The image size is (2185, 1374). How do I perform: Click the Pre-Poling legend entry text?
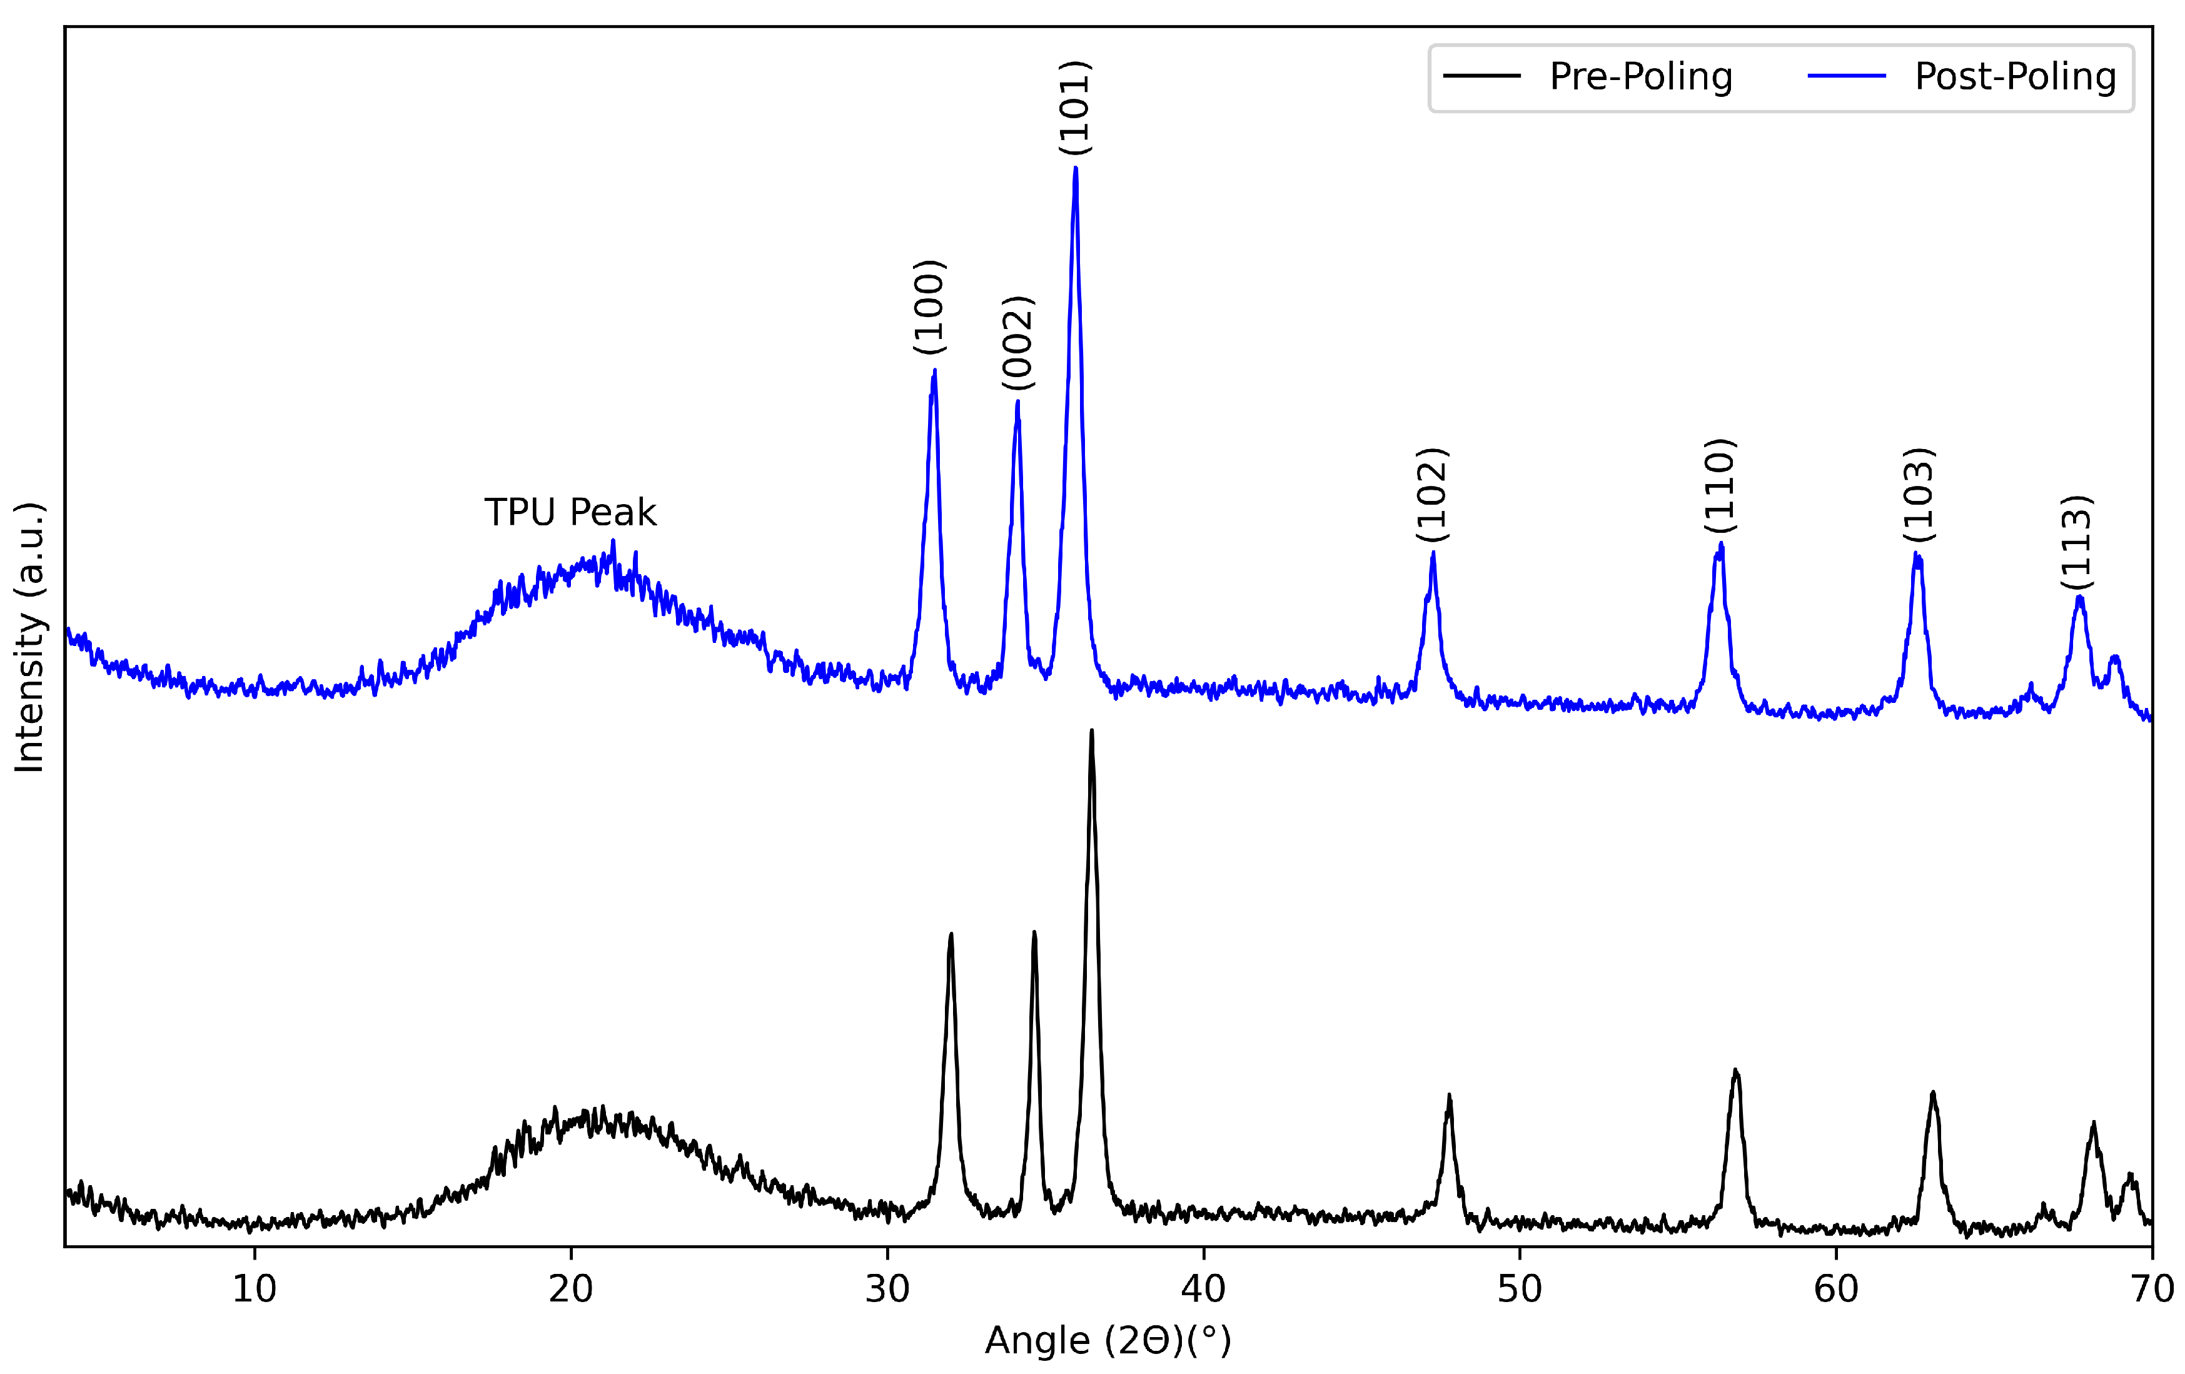1640,76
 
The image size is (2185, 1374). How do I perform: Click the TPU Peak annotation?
570,513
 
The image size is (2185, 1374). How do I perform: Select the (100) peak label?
930,306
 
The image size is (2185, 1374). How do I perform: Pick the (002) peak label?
1018,343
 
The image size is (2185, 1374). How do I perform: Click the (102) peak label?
1433,495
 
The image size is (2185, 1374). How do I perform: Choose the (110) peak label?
1720,485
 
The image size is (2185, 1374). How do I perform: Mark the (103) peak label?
1918,495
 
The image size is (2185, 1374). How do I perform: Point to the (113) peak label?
2076,542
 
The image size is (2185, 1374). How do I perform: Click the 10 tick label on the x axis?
254,1290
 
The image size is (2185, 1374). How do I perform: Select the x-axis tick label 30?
887,1290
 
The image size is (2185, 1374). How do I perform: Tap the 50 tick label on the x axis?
1520,1290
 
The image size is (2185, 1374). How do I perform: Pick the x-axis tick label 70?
2151,1290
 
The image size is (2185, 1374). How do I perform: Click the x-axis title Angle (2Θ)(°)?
1108,1340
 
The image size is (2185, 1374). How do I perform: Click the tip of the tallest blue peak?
1075,168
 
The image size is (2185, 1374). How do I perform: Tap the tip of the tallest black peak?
1092,730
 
